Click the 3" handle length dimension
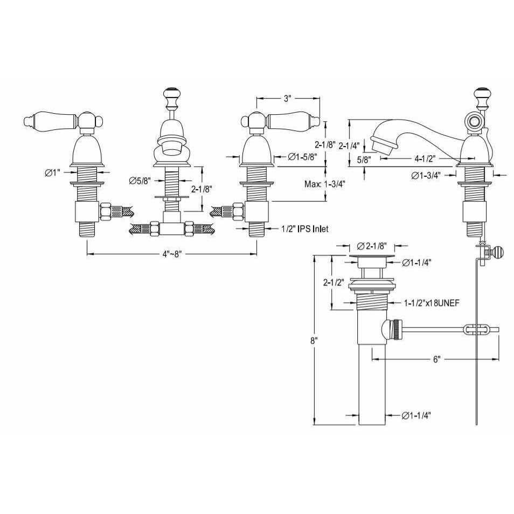[x=287, y=99]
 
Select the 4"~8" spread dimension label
[x=172, y=254]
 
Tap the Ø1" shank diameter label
[x=53, y=172]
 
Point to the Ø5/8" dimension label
[x=140, y=180]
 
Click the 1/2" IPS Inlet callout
[x=304, y=228]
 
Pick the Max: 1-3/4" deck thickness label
[x=325, y=184]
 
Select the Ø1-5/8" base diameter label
[x=303, y=157]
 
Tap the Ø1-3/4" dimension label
[x=426, y=176]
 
